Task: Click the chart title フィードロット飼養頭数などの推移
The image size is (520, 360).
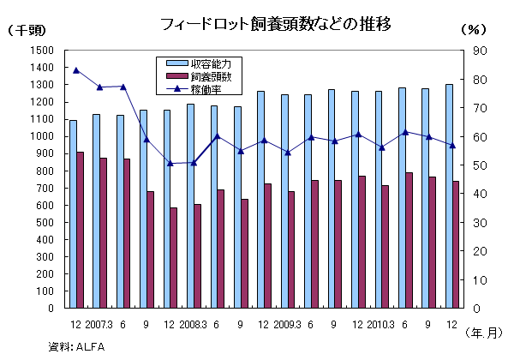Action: [x=276, y=24]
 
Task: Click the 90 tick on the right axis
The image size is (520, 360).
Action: [x=481, y=51]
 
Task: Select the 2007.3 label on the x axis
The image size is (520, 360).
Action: [x=98, y=324]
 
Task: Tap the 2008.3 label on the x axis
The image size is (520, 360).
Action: [x=192, y=324]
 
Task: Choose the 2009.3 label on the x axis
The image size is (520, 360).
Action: [x=285, y=324]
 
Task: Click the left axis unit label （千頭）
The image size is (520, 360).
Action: [x=26, y=30]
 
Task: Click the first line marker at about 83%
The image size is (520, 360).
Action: [x=76, y=70]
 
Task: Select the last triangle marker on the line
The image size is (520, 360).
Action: [x=451, y=145]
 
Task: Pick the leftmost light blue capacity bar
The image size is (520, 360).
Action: [x=73, y=214]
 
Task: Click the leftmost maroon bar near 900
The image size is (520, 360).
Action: [x=80, y=230]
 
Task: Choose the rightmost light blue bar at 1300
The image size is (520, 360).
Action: [x=448, y=196]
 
